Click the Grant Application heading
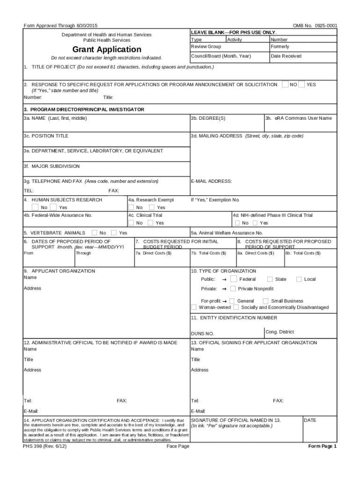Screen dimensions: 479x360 (107, 50)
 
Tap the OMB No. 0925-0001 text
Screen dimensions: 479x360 (315, 26)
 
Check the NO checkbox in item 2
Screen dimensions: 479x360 (285, 85)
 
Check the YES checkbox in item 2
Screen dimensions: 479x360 (302, 85)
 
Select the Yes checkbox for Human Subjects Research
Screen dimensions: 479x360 (53, 207)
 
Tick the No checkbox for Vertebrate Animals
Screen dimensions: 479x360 (94, 232)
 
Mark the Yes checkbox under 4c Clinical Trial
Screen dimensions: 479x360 (151, 223)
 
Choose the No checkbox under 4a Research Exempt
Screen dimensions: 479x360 (132, 207)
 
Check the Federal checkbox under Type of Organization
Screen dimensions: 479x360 (233, 279)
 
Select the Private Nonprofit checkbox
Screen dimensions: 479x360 (233, 289)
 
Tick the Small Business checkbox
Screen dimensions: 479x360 (266, 301)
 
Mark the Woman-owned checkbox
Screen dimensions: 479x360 (194, 307)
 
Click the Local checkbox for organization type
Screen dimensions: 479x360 (299, 279)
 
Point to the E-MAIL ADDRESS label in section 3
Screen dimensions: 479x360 (211, 181)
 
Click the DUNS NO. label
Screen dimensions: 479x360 (202, 334)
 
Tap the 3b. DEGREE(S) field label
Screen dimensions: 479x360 (208, 118)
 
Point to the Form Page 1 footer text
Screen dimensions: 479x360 (322, 446)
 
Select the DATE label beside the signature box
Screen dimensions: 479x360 (310, 421)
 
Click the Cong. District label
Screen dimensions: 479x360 (280, 332)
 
